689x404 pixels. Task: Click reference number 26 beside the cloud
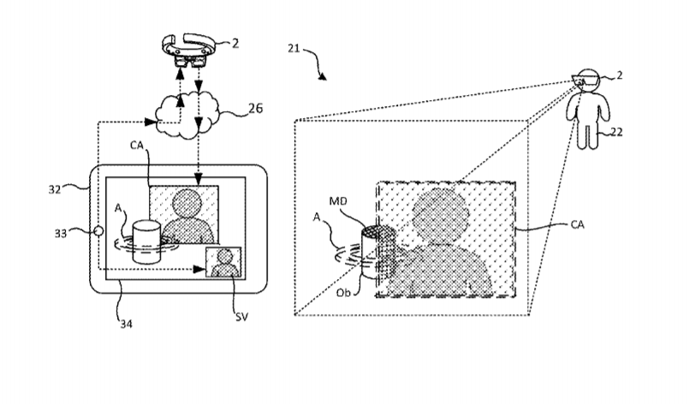[256, 108]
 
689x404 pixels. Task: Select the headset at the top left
[187, 50]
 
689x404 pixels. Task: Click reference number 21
[294, 48]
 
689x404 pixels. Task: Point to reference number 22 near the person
[616, 132]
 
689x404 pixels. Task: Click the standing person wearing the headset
[587, 109]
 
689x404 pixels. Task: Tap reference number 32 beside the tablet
[55, 189]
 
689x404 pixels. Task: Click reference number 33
[61, 233]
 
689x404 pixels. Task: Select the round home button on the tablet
[98, 231]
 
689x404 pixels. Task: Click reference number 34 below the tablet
[126, 324]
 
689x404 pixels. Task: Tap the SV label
[241, 317]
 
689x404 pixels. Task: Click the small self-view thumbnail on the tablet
[223, 262]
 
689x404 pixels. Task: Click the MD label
[338, 201]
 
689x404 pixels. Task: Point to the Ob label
[343, 293]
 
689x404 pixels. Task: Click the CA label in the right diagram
[578, 224]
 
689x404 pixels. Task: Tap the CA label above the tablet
[137, 145]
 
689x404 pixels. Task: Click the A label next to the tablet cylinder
[118, 208]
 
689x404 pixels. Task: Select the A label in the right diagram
[317, 217]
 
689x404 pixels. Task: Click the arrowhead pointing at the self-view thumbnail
[200, 269]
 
